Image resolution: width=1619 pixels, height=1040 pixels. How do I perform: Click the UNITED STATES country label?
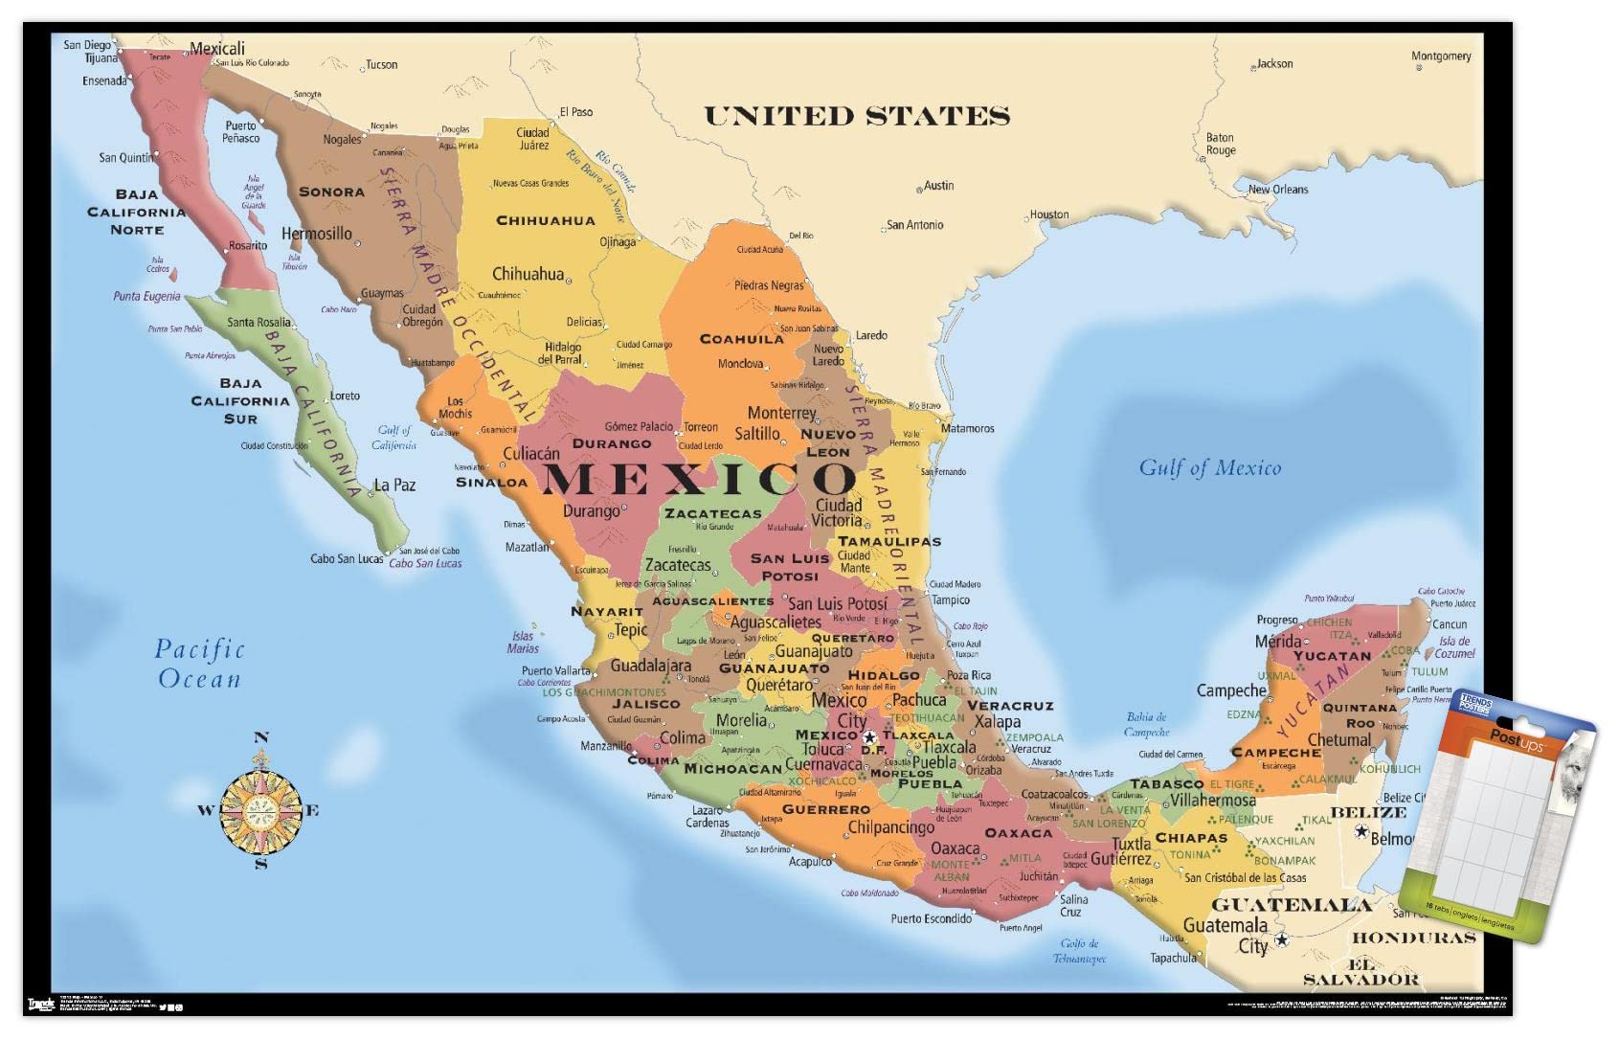[x=857, y=117]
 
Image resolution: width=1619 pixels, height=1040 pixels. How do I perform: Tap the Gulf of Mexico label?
[x=1209, y=468]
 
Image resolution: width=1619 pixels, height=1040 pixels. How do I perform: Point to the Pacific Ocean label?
[x=199, y=664]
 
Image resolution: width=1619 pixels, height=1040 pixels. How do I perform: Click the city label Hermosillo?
[x=316, y=234]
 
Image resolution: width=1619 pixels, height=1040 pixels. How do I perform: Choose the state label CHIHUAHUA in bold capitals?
[x=545, y=221]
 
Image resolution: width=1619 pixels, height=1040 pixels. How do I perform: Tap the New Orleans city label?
[x=1277, y=190]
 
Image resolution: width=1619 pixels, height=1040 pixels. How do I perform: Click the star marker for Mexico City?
[x=869, y=737]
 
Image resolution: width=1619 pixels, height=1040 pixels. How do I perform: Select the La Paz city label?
[x=394, y=486]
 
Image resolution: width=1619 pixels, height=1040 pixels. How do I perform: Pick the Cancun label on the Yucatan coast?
[x=1450, y=624]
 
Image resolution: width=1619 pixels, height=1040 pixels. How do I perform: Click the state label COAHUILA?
[x=742, y=339]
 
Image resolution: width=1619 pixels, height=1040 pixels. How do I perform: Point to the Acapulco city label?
[x=810, y=862]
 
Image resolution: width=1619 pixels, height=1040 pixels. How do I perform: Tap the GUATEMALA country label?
[x=1291, y=905]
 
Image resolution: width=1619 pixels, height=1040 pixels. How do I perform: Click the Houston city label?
[x=1049, y=215]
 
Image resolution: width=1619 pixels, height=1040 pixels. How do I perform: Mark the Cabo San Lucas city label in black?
[x=347, y=558]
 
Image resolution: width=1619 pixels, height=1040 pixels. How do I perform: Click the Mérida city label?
[x=1278, y=641]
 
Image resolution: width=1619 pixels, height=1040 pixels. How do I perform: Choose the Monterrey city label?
[x=781, y=413]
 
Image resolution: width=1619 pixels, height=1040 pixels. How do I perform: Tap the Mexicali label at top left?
[x=217, y=48]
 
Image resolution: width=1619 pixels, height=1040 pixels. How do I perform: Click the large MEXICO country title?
[x=699, y=478]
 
